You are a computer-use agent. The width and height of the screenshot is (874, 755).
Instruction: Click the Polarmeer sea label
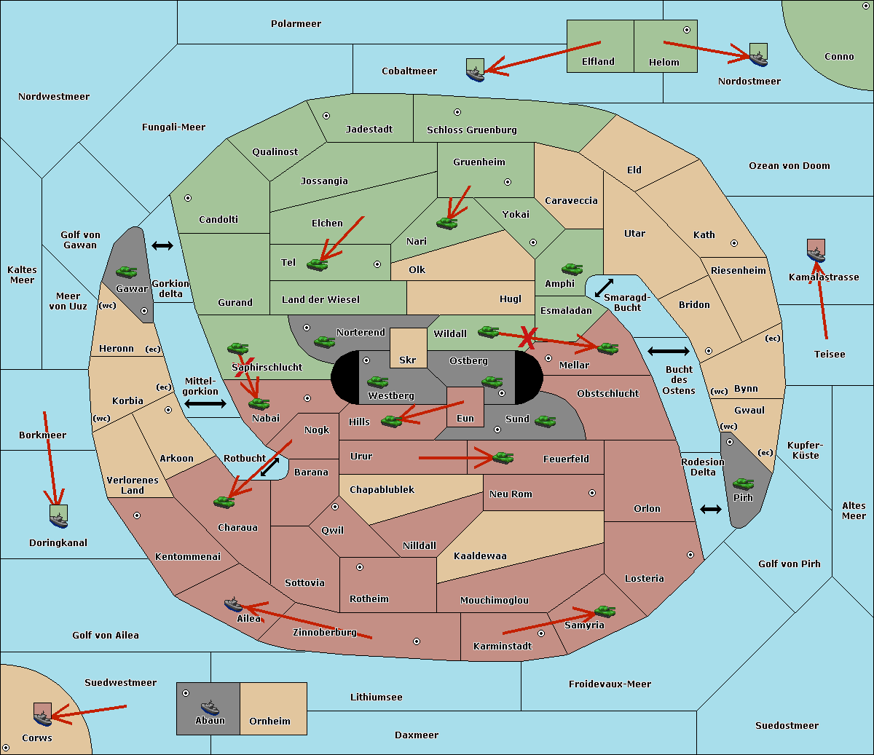pos(296,24)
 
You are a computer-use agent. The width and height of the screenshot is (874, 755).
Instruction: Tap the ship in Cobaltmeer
pos(476,74)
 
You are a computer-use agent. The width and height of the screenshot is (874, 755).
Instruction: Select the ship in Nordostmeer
pos(759,58)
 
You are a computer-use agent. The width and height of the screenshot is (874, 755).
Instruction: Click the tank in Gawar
pos(127,272)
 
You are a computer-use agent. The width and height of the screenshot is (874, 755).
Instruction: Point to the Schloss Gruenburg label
pos(472,130)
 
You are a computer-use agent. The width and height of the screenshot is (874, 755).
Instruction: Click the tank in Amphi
pos(572,269)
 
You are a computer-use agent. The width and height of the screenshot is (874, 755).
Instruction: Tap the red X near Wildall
pos(527,338)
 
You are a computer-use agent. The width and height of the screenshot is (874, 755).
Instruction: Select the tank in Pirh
pos(743,483)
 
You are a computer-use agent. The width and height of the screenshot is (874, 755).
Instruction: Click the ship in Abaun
pos(210,707)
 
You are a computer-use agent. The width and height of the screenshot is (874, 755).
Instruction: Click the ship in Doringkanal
pos(58,520)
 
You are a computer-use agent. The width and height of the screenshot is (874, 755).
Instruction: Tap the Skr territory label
pos(407,360)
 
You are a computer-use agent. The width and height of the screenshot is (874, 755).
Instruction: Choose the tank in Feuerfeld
pos(503,458)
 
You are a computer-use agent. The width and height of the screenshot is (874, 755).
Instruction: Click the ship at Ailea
pos(233,604)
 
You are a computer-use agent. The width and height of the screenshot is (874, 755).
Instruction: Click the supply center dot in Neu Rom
pos(592,493)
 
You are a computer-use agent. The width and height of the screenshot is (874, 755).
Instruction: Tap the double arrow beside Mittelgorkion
pos(205,403)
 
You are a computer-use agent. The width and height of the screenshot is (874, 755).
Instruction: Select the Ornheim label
pos(269,721)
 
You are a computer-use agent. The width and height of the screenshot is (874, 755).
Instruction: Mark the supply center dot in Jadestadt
pos(326,116)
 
